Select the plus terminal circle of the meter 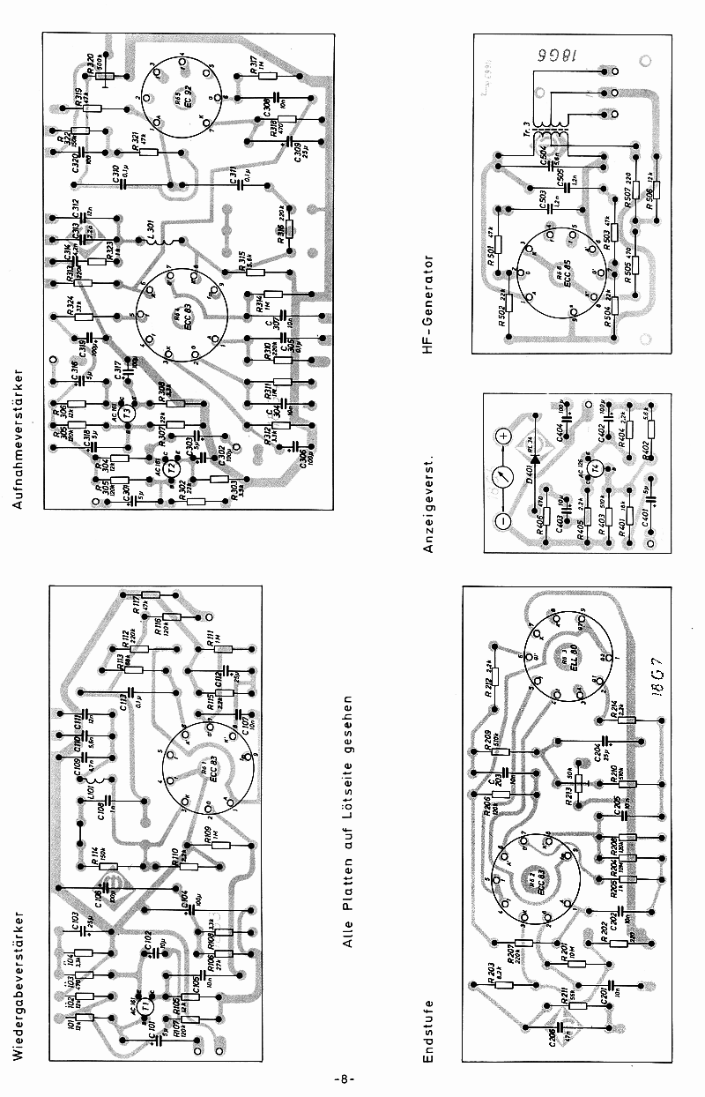pyautogui.click(x=505, y=436)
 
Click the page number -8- pyautogui.click(x=345, y=1079)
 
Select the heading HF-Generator pyautogui.click(x=429, y=305)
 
